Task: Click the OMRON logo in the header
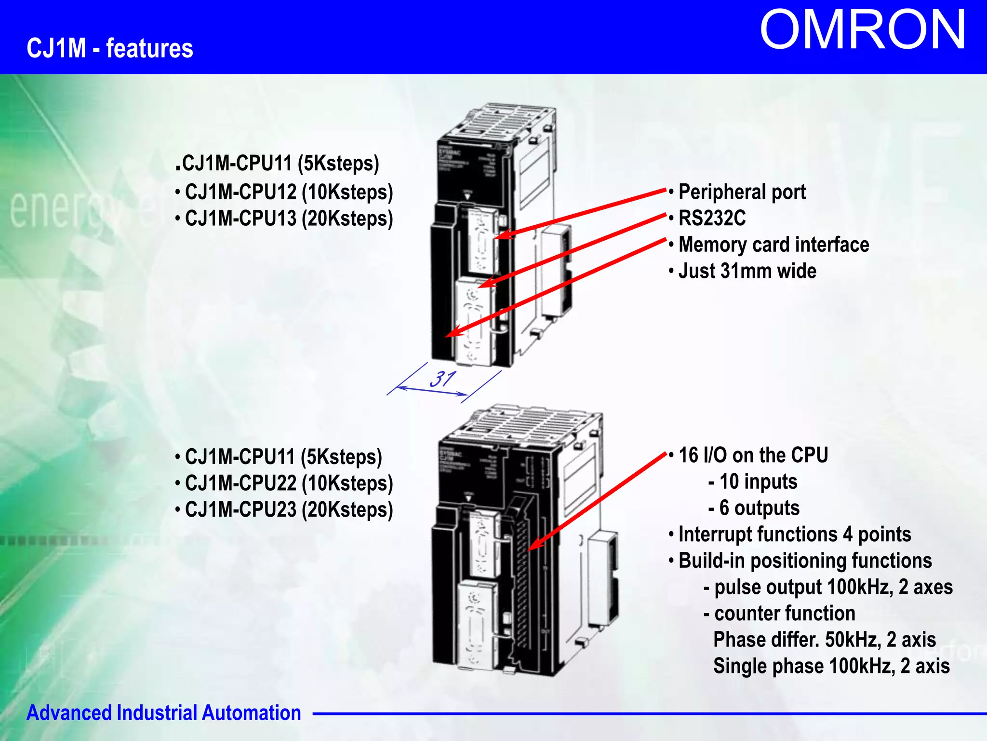tap(862, 30)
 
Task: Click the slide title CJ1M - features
tap(110, 48)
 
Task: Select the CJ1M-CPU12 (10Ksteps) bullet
tap(288, 192)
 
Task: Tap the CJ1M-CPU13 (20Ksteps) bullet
tap(288, 219)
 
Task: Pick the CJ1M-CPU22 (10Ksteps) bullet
tap(288, 483)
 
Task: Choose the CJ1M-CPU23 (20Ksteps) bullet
tap(288, 509)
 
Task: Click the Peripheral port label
tap(741, 192)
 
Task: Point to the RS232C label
tap(712, 219)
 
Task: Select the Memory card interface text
tap(773, 245)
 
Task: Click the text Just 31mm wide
tap(747, 271)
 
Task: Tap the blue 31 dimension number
tap(442, 379)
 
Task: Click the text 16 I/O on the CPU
tap(753, 455)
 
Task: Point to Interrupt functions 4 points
tap(794, 535)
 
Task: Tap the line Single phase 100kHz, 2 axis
tap(831, 666)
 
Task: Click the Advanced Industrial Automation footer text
tap(163, 713)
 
